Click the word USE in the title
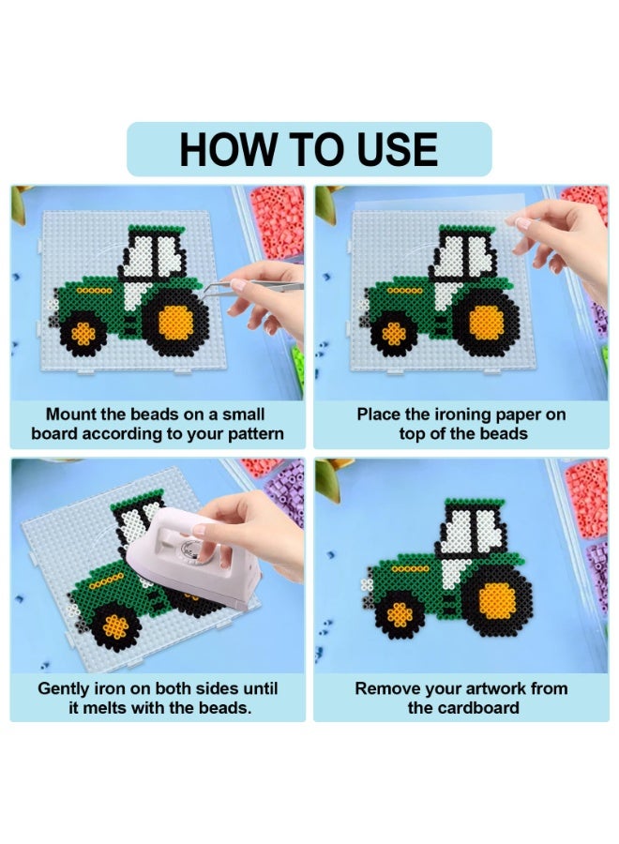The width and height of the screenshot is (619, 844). point(397,149)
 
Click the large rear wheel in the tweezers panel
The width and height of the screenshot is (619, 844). point(175,322)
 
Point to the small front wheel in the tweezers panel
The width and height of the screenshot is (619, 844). point(83,334)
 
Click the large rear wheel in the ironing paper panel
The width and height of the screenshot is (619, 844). point(486,322)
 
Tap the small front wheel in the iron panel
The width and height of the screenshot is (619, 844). point(115,626)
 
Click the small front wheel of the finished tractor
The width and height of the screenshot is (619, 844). point(400,614)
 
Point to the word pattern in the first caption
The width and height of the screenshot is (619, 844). point(255,434)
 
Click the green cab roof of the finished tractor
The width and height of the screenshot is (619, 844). point(475,504)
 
